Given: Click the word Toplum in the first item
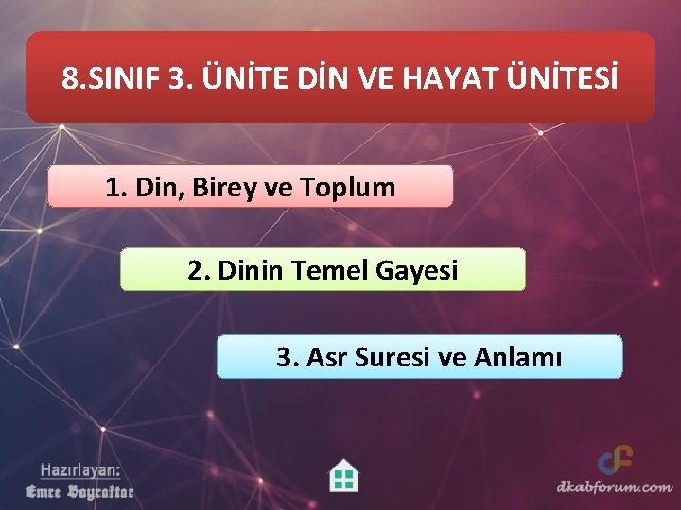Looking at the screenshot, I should [x=348, y=187].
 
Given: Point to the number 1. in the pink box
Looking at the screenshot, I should [x=117, y=187].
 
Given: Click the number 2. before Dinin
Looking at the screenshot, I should [x=199, y=271].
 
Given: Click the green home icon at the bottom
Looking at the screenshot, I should [x=343, y=475].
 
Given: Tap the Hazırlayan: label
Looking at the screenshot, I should [x=79, y=469].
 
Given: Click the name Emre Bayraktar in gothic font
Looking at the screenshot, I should [x=79, y=491].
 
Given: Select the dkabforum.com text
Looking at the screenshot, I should [x=614, y=487].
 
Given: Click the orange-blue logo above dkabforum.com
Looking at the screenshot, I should [x=615, y=461].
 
